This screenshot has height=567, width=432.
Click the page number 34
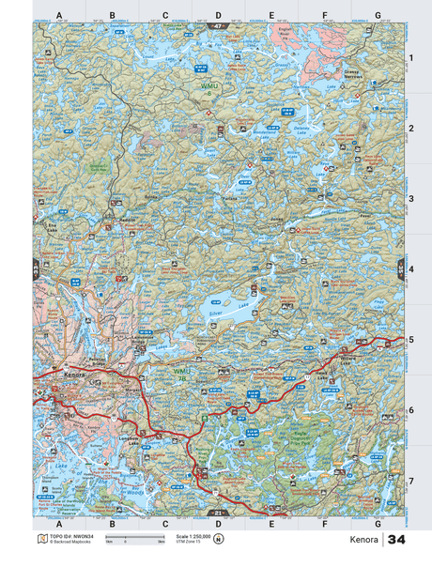(396, 541)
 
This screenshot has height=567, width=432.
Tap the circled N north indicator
(219, 539)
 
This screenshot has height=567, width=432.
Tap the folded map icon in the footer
(40, 539)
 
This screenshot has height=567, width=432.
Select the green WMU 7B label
(182, 373)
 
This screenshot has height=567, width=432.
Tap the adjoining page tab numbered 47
(218, 25)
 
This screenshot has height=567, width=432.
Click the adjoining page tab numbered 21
(218, 513)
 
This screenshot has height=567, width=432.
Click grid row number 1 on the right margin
(410, 58)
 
